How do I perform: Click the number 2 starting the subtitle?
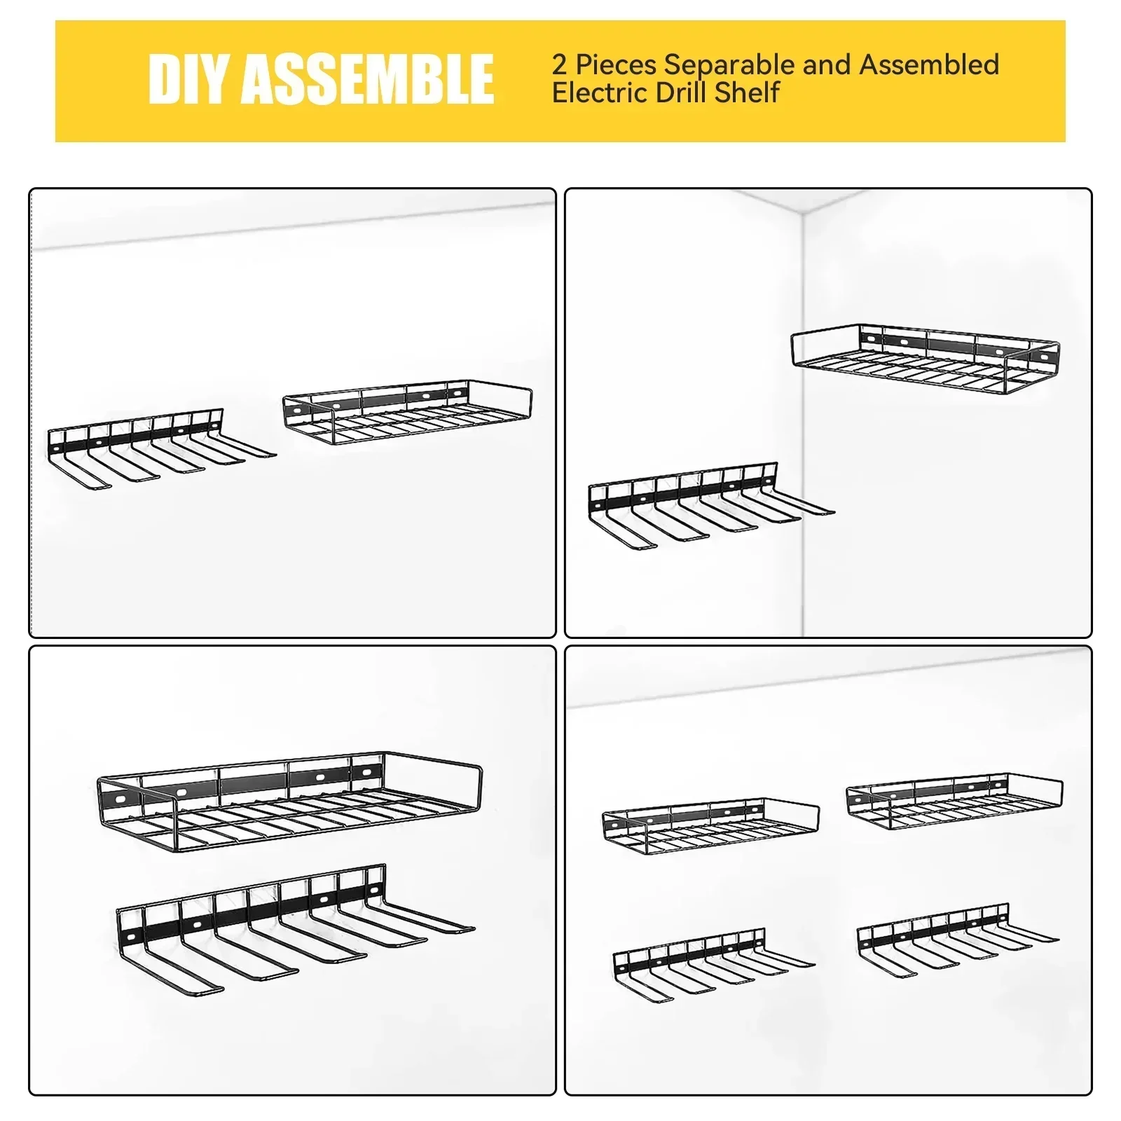pos(559,65)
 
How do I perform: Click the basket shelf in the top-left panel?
pos(406,413)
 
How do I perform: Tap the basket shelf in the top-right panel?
pos(925,361)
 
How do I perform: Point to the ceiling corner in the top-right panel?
pos(803,209)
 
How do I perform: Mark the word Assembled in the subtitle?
pos(929,65)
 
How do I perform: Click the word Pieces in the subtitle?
pos(617,65)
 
